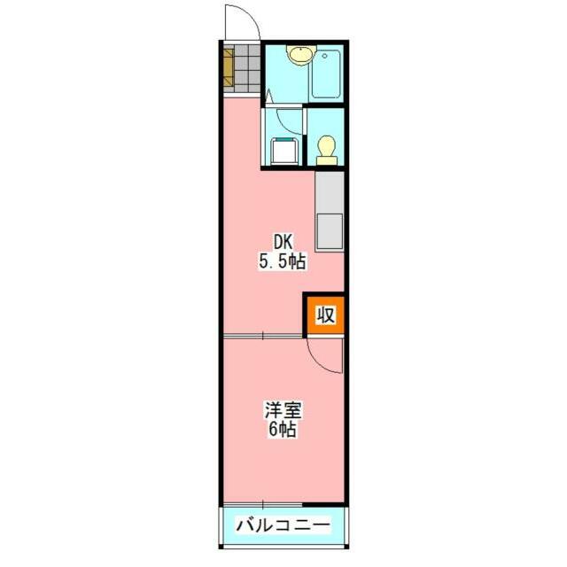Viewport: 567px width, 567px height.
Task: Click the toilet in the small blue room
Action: point(326,147)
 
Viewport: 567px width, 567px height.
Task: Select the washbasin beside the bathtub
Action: point(299,55)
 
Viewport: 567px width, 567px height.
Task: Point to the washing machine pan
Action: point(283,151)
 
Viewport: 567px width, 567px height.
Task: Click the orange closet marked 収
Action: point(325,315)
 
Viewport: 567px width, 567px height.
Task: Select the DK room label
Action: point(283,241)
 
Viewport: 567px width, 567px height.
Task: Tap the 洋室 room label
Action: point(283,410)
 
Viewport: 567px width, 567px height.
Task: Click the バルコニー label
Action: point(283,525)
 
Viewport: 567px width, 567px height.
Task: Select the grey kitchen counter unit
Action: point(329,211)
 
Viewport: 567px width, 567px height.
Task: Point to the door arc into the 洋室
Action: point(325,358)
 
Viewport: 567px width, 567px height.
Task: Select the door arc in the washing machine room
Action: point(289,120)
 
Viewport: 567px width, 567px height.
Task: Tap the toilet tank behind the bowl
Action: point(326,160)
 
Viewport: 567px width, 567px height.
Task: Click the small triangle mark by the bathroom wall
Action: point(267,92)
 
